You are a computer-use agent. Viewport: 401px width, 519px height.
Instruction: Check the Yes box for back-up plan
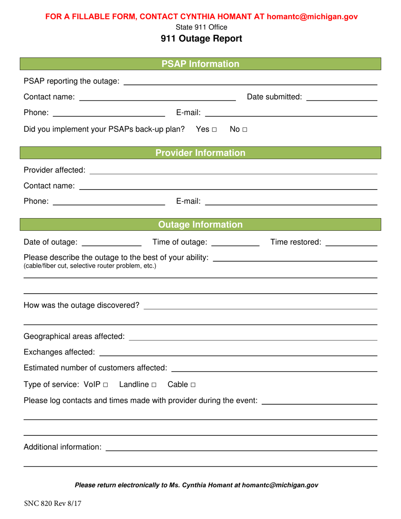pyautogui.click(x=214, y=129)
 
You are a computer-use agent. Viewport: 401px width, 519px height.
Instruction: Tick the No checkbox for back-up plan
pyautogui.click(x=244, y=129)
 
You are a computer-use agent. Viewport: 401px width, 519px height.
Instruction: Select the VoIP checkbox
pyautogui.click(x=105, y=385)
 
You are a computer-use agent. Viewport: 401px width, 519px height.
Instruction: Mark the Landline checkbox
pyautogui.click(x=154, y=385)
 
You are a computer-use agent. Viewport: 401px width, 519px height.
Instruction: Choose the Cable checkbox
pyautogui.click(x=193, y=385)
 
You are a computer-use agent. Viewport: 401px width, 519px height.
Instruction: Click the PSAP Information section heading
pyautogui.click(x=200, y=64)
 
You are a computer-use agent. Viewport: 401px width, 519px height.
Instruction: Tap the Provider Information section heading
pyautogui.click(x=200, y=153)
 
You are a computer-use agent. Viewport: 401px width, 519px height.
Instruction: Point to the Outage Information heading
pyautogui.click(x=200, y=224)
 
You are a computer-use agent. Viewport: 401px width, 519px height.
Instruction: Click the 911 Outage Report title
pyautogui.click(x=201, y=39)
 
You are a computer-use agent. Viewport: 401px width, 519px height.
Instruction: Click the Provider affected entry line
pyautogui.click(x=233, y=172)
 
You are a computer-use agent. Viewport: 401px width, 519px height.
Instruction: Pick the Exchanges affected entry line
pyautogui.click(x=238, y=354)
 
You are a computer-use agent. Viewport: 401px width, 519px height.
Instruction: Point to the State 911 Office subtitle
pyautogui.click(x=201, y=27)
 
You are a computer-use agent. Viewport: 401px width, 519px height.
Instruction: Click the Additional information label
pyautogui.click(x=63, y=446)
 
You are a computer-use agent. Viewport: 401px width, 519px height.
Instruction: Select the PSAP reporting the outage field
pyautogui.click(x=250, y=83)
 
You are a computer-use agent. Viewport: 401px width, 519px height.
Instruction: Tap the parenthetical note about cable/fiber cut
pyautogui.click(x=90, y=266)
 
